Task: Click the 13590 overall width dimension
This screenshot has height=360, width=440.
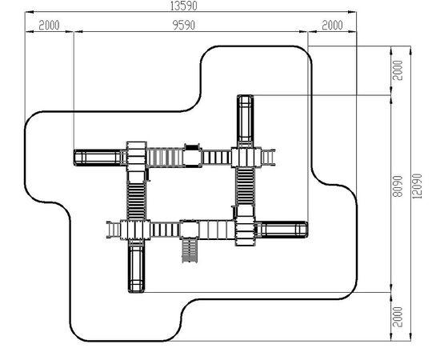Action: coord(184,6)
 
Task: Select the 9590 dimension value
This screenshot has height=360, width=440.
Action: coord(183,26)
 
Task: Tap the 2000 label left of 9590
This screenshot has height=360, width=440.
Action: coord(49,26)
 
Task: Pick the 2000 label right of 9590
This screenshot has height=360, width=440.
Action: coord(332,26)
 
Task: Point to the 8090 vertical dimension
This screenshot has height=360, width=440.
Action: coord(398,186)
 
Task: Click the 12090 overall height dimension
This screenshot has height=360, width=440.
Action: coord(417,186)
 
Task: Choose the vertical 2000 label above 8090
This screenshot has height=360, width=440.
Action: coord(398,70)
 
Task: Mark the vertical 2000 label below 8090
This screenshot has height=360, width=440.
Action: coord(398,317)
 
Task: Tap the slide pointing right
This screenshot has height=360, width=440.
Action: coord(282,230)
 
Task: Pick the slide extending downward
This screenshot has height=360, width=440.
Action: coord(136,266)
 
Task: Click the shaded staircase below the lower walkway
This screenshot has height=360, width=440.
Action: coord(190,250)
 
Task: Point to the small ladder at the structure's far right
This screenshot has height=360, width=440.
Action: coord(268,158)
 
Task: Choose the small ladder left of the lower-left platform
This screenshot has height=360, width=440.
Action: coord(114,230)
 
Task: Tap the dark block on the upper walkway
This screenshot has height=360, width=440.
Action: coord(192,147)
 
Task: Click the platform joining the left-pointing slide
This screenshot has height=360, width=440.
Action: coord(136,156)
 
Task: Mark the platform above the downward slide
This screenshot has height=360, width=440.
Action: coord(135,230)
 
